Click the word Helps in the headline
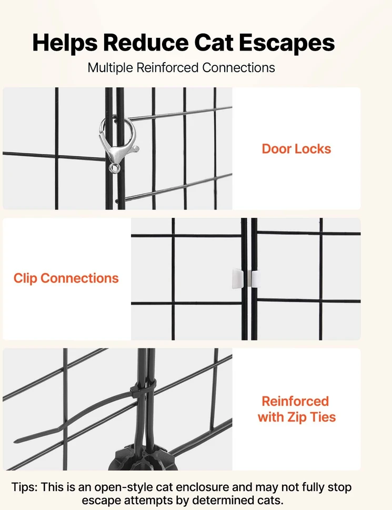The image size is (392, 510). coord(65,43)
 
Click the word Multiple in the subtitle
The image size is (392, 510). coord(110,68)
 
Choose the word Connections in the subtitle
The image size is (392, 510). coord(238,68)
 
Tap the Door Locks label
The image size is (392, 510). coord(296,148)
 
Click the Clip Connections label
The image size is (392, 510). coord(66,278)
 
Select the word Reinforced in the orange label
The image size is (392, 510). coord(295,401)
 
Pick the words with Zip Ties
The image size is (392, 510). coord(296,417)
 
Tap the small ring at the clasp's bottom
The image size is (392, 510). coord(114,168)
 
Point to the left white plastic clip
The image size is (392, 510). coord(238,279)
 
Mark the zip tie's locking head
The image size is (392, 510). coord(135,389)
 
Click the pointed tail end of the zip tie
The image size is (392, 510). coord(16,441)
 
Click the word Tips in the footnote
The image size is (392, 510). coord(25,487)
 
